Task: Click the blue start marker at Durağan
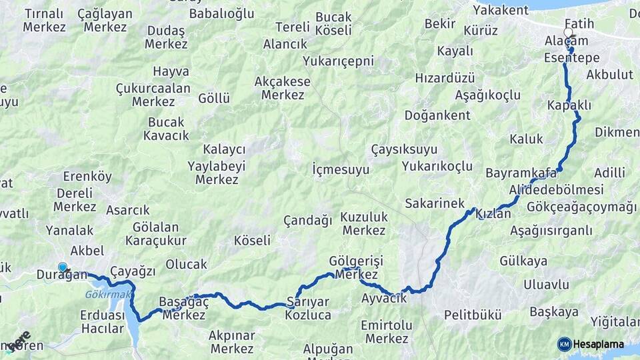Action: pos(63,267)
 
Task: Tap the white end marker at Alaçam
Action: pos(568,32)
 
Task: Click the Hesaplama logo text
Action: pos(599,344)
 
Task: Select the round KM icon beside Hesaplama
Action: pos(564,344)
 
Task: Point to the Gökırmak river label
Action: pos(104,294)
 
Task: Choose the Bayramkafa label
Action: pos(521,173)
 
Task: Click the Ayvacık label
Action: pos(384,298)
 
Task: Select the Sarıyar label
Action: pos(308,301)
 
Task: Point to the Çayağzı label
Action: pos(133,271)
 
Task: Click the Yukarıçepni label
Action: pos(338,61)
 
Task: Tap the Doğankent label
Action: pos(438,115)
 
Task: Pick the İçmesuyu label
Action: pos(341,169)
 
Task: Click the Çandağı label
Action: pos(307,220)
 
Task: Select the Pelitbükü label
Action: pos(473,315)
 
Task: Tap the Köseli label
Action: pos(253,241)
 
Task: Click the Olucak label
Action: pos(186,264)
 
